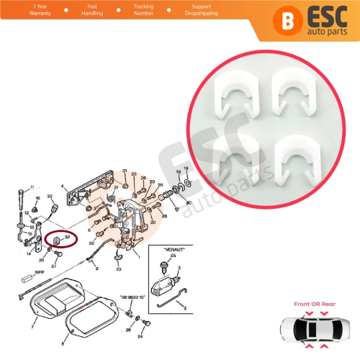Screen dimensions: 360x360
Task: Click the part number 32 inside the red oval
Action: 67,236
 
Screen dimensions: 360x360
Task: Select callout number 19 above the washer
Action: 187,169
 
